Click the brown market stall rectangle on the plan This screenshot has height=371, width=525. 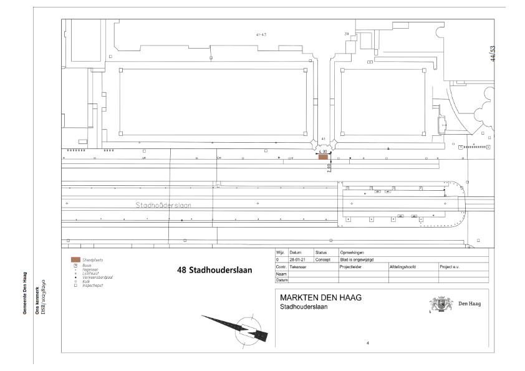click(323, 157)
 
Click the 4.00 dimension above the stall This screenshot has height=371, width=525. click(323, 151)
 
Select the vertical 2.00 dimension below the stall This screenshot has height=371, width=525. click(329, 167)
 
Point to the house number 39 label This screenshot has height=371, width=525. click(347, 34)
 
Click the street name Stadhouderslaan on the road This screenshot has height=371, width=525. click(163, 205)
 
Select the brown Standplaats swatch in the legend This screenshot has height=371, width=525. click(75, 259)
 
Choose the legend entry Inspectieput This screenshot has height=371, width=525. click(92, 285)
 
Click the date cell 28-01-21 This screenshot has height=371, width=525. click(296, 259)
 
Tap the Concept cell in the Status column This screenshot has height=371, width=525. click(322, 259)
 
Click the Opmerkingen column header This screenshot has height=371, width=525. click(353, 253)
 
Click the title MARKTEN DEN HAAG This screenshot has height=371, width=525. click(321, 298)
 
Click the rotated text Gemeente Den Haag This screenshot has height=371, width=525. click(24, 292)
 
